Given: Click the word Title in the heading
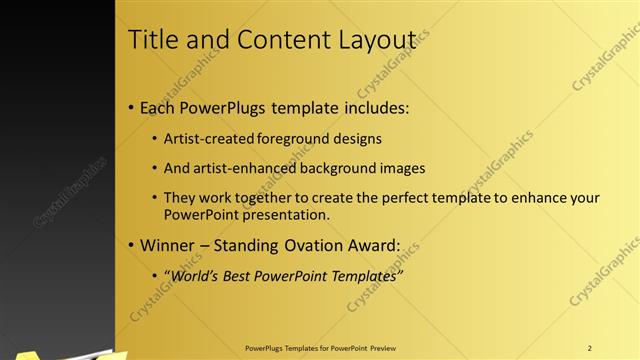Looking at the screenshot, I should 154,39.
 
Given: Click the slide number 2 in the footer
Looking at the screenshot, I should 590,347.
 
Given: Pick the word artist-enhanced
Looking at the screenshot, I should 238,168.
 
